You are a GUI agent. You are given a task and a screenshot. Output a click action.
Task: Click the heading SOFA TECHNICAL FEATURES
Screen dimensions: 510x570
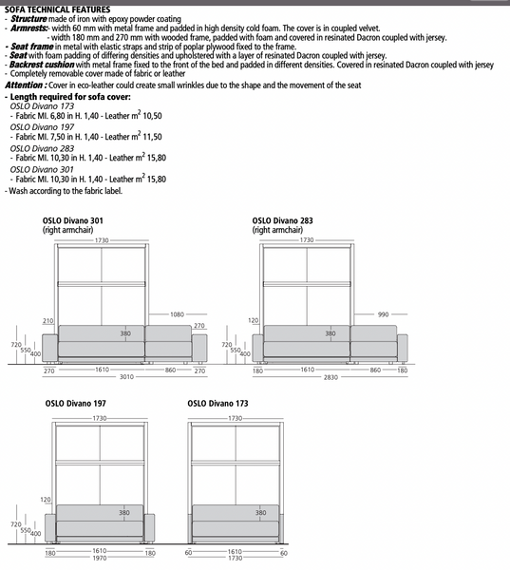pos(57,9)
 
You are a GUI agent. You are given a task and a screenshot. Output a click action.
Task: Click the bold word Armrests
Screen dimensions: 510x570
pos(28,28)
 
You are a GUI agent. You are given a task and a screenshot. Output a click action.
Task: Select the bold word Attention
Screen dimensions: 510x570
pos(25,85)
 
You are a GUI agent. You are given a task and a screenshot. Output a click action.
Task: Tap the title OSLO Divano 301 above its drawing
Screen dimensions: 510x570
pos(73,220)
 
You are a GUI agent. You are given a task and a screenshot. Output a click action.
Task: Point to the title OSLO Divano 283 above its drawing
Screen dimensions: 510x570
pos(282,220)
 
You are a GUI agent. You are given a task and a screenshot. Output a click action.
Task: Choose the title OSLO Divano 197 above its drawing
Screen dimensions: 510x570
pos(76,404)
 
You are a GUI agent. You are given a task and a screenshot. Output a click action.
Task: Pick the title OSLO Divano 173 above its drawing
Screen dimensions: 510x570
pos(217,404)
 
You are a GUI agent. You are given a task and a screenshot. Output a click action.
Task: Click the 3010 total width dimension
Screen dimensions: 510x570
pos(126,377)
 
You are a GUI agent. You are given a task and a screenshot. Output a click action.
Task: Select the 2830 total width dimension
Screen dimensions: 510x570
pos(331,377)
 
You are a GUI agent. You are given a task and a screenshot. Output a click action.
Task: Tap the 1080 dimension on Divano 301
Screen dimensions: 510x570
pos(177,314)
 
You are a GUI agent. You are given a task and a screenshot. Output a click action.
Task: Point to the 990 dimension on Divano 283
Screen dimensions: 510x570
pos(383,314)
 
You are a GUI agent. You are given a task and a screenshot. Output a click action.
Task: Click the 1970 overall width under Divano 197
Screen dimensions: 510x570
pos(99,558)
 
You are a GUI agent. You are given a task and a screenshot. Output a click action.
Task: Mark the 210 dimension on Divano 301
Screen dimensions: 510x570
pos(48,321)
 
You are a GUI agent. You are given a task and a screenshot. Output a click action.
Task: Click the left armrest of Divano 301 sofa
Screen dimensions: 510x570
pos(50,348)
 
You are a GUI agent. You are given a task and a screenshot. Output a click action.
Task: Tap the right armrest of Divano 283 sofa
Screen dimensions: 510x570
pos(403,348)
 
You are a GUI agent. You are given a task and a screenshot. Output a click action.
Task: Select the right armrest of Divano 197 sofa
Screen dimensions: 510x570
pos(149,527)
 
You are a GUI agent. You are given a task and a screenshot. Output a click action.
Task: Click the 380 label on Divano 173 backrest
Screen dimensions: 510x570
pos(260,513)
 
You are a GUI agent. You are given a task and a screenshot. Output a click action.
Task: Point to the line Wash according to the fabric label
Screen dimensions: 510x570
pos(64,191)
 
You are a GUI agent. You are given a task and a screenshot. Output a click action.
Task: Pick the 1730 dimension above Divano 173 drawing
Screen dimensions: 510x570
pos(235,418)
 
